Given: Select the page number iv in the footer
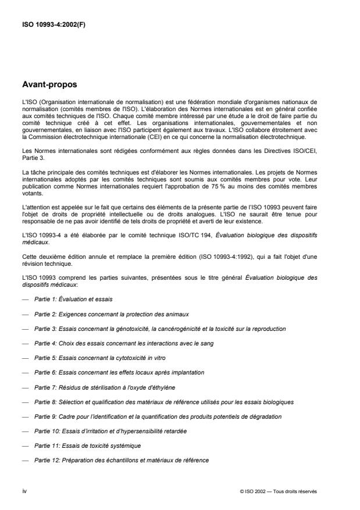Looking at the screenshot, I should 24,491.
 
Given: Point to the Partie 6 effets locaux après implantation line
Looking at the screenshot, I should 119,372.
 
